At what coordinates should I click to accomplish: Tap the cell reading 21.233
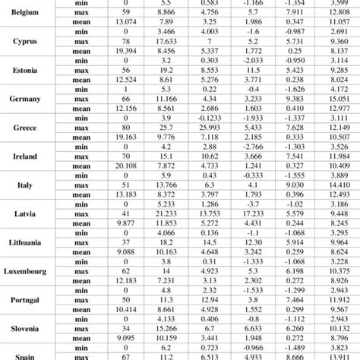pos(171,213)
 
